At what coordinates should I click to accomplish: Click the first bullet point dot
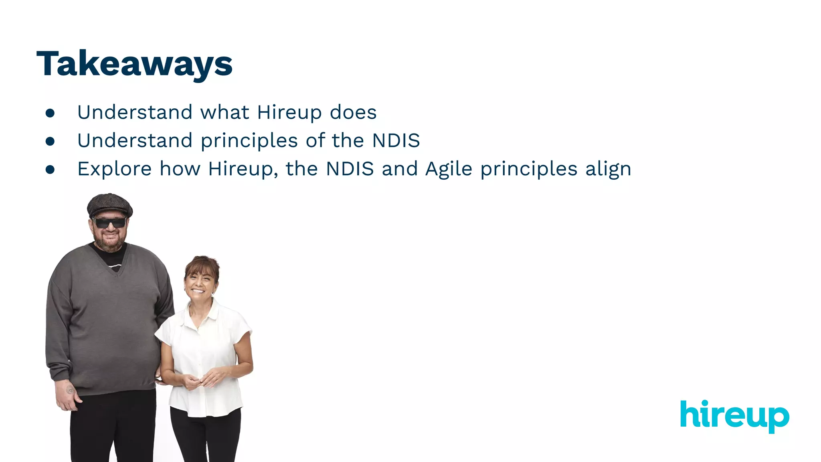[50, 113]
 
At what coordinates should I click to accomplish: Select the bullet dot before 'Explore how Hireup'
[50, 170]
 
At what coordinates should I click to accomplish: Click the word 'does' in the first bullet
[353, 112]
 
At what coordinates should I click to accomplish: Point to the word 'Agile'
[449, 169]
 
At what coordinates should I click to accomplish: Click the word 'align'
[608, 169]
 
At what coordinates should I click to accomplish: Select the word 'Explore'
[114, 169]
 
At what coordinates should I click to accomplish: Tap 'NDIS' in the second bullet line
[396, 141]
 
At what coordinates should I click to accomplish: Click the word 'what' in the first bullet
[225, 112]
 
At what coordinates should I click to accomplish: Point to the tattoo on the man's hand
[70, 389]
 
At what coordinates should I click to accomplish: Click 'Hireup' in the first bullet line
[289, 112]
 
